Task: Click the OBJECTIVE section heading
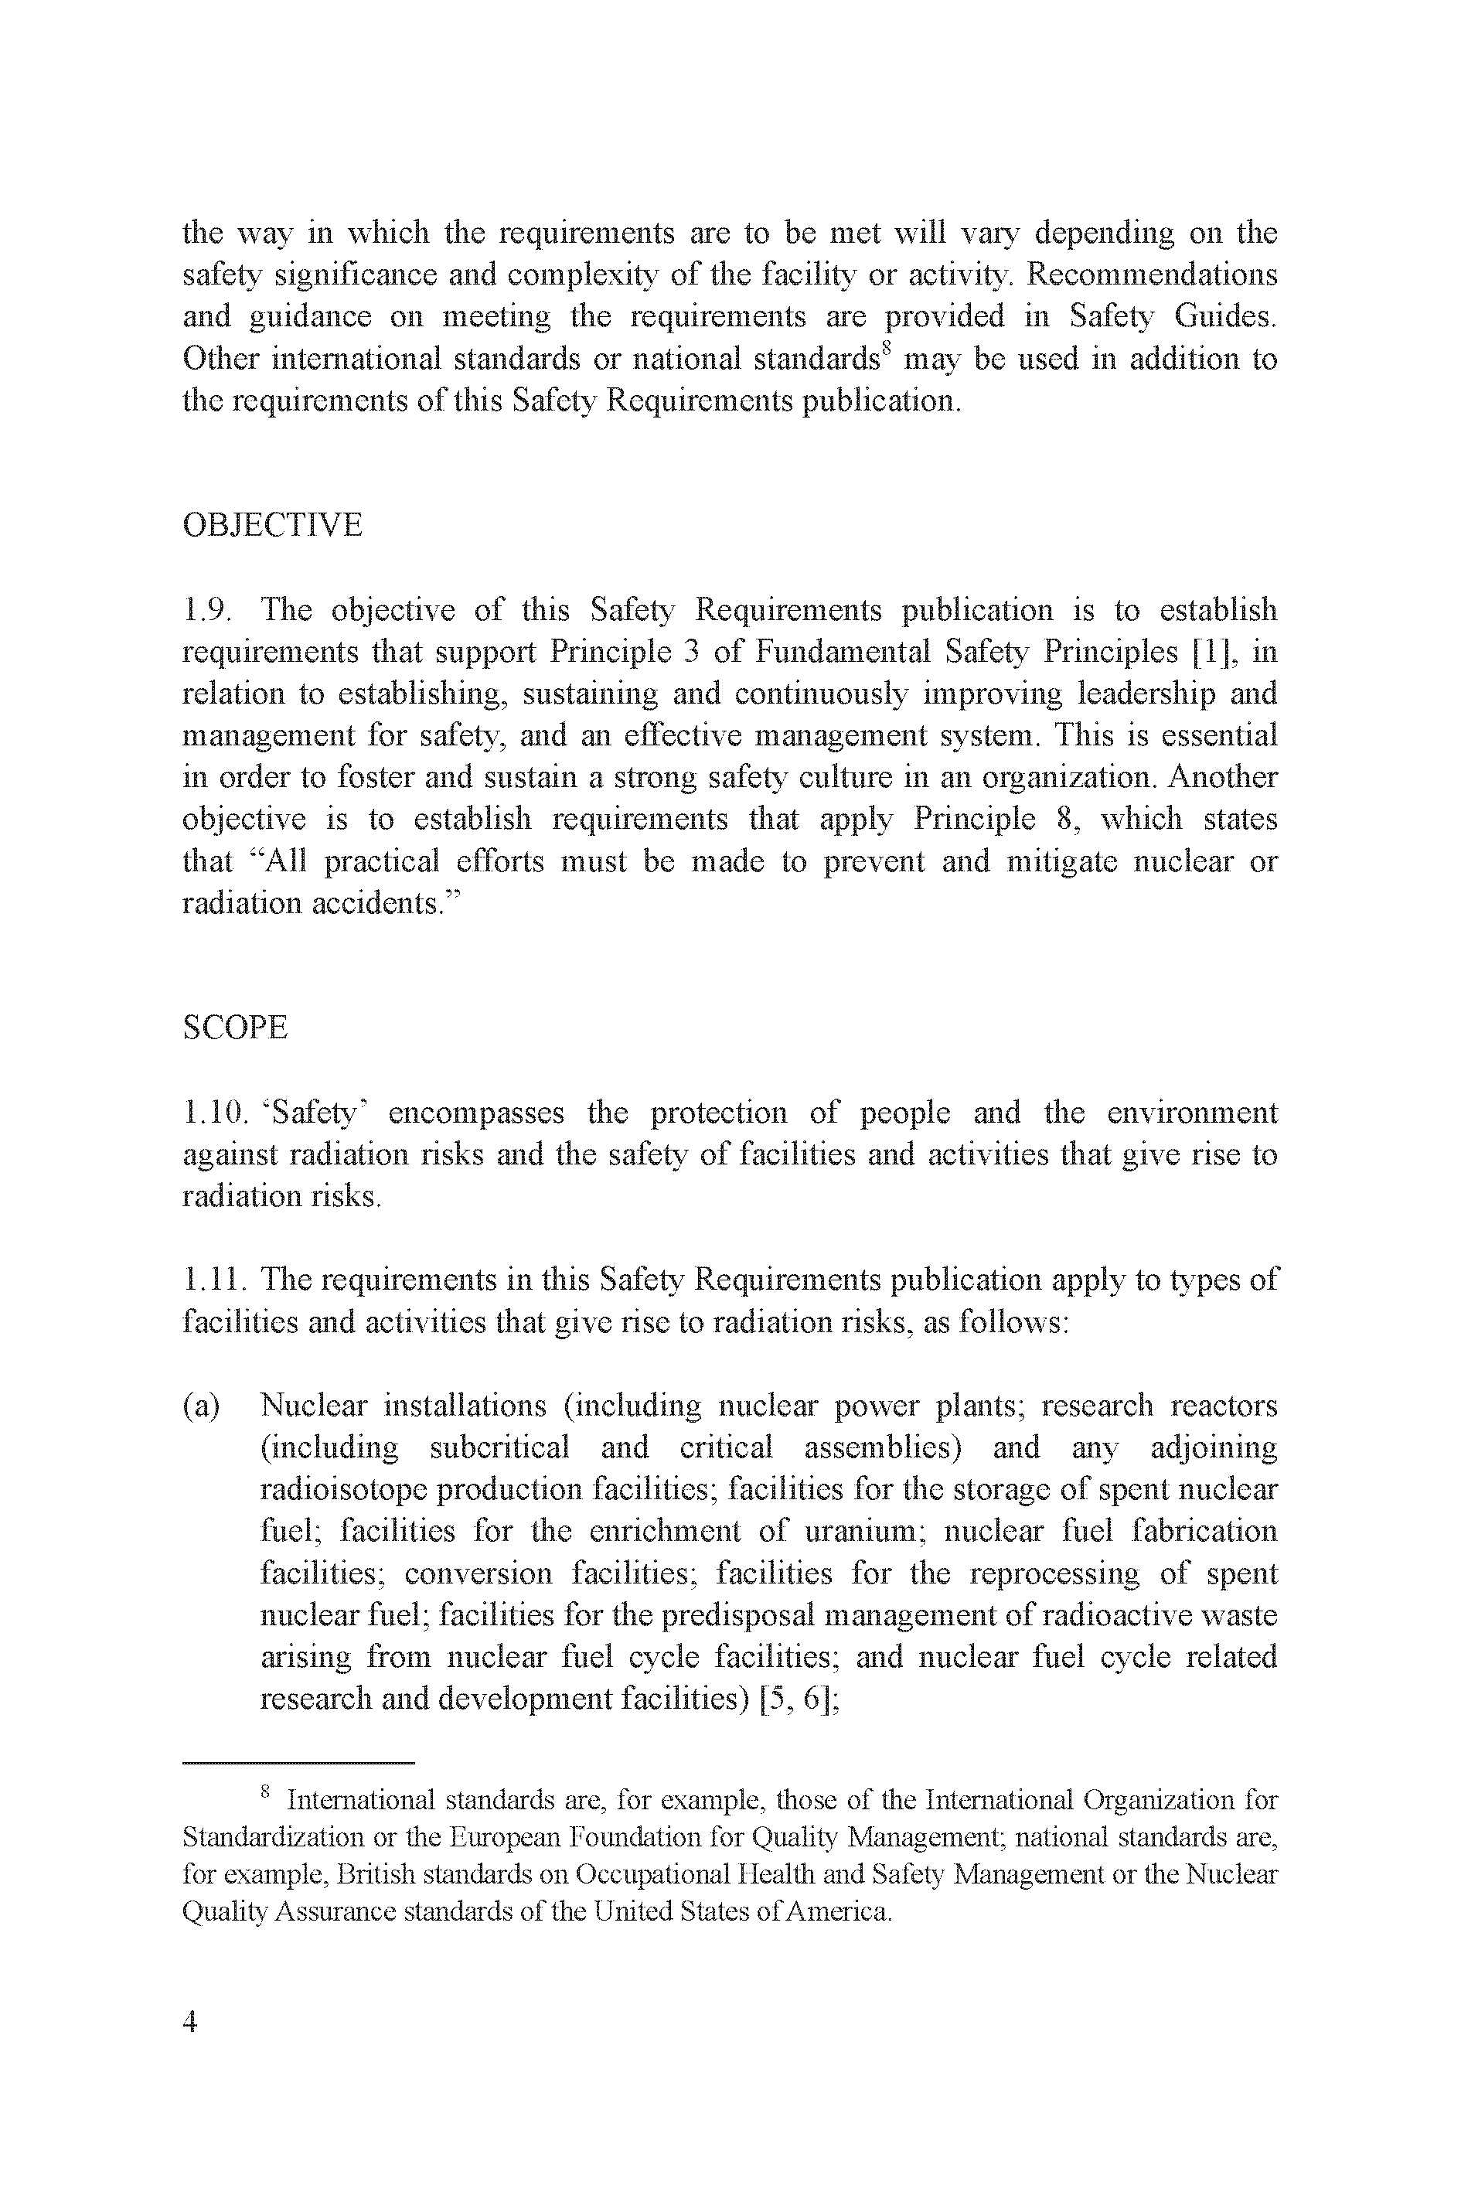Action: pyautogui.click(x=272, y=526)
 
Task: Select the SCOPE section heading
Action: pyautogui.click(x=235, y=1028)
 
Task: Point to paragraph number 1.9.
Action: pyautogui.click(x=207, y=611)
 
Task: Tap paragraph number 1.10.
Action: pyautogui.click(x=214, y=1113)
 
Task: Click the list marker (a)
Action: pyautogui.click(x=201, y=1406)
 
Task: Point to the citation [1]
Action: pyautogui.click(x=1215, y=653)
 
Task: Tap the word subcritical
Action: pyautogui.click(x=499, y=1448)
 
